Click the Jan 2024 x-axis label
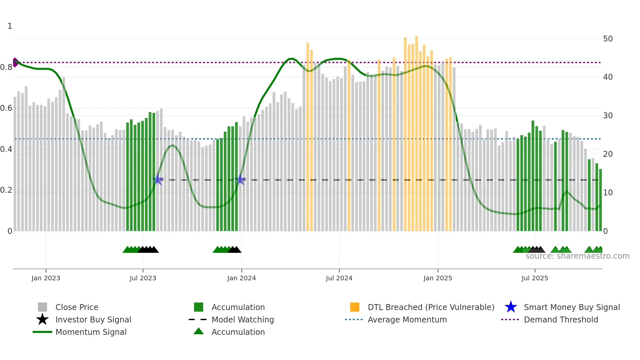(x=241, y=278)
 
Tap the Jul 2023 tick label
(x=143, y=278)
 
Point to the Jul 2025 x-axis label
(x=535, y=278)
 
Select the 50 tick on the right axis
(x=608, y=39)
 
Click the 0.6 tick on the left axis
(x=7, y=108)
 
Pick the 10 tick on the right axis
(x=608, y=193)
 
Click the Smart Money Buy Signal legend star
(x=511, y=307)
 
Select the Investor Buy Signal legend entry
(x=93, y=319)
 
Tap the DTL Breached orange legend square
(x=355, y=307)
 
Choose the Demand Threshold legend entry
(x=561, y=319)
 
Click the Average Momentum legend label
(x=407, y=319)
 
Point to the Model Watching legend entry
(x=242, y=319)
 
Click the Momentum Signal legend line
(x=42, y=332)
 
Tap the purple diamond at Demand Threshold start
(x=15, y=62)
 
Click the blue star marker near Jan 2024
(x=241, y=179)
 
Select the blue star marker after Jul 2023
(x=158, y=179)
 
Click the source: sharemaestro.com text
(x=577, y=256)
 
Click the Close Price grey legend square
(x=42, y=307)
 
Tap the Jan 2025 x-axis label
(x=438, y=278)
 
